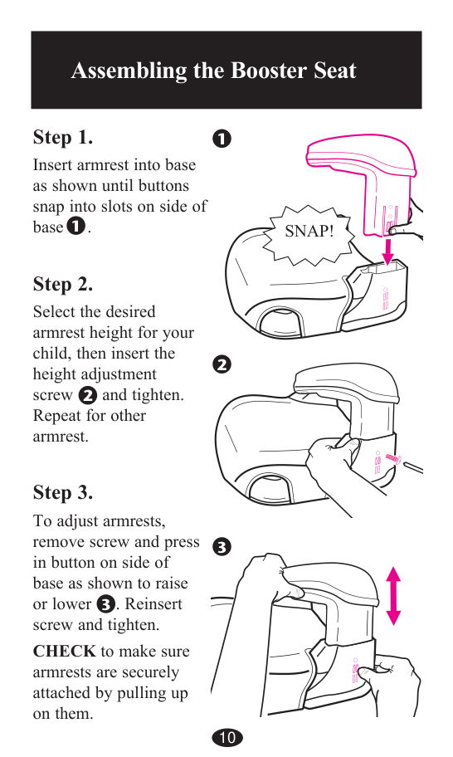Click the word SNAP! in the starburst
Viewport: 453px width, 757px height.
coord(309,231)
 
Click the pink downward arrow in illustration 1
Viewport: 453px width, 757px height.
coord(387,250)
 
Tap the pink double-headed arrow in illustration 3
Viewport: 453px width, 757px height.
coord(393,596)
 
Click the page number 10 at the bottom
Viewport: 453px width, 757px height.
coord(227,737)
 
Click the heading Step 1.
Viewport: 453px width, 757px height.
coord(63,137)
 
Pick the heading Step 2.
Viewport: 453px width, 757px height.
coord(63,285)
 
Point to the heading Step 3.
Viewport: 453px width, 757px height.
coord(63,492)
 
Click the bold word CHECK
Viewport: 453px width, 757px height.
coord(64,651)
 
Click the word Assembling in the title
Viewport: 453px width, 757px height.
coord(129,71)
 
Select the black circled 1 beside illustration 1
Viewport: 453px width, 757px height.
coord(222,139)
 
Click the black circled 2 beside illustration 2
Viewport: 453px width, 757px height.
coord(222,364)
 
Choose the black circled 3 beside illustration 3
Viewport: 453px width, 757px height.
coord(222,547)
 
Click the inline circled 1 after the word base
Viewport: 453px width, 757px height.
coord(76,226)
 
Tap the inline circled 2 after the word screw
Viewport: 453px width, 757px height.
coord(87,395)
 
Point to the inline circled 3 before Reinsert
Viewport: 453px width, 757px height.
coord(105,604)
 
